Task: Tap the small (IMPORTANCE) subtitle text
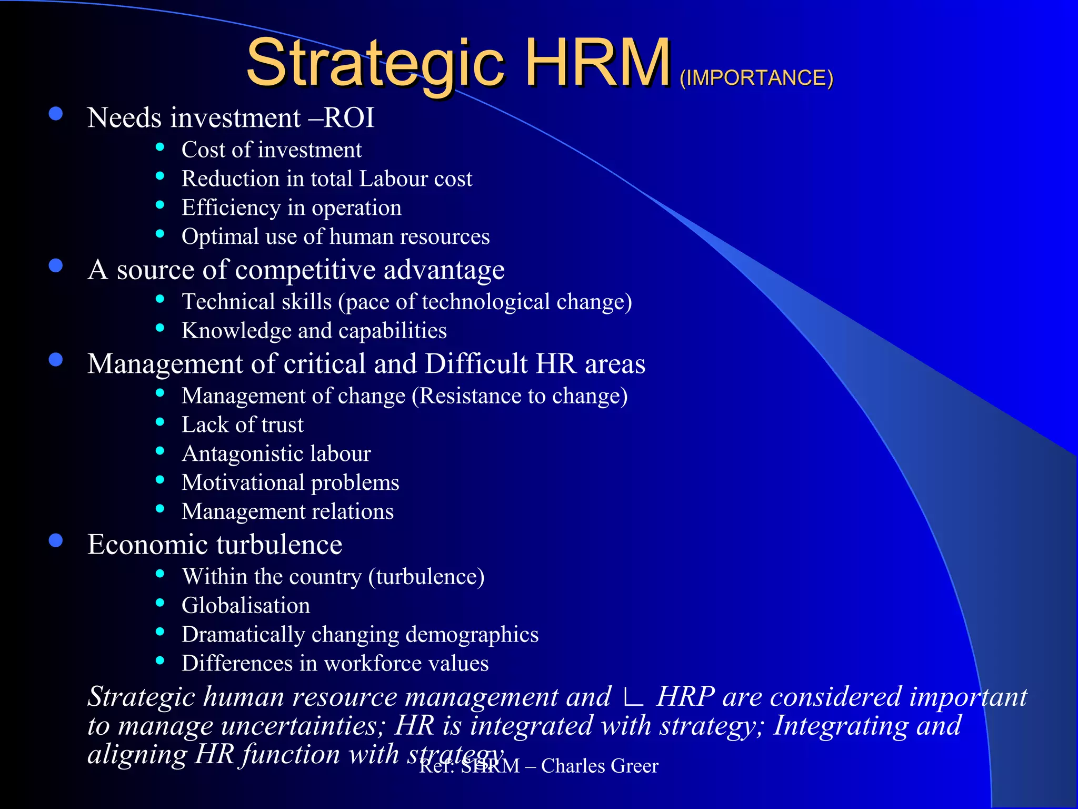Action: coord(756,78)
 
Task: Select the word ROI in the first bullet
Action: coord(348,117)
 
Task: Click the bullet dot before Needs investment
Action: coord(56,114)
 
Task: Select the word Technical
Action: coord(229,302)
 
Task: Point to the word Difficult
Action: coord(476,364)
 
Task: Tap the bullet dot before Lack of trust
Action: coord(160,422)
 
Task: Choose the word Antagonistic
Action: coord(242,454)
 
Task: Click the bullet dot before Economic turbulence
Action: coord(56,541)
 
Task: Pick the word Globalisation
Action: coord(246,606)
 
